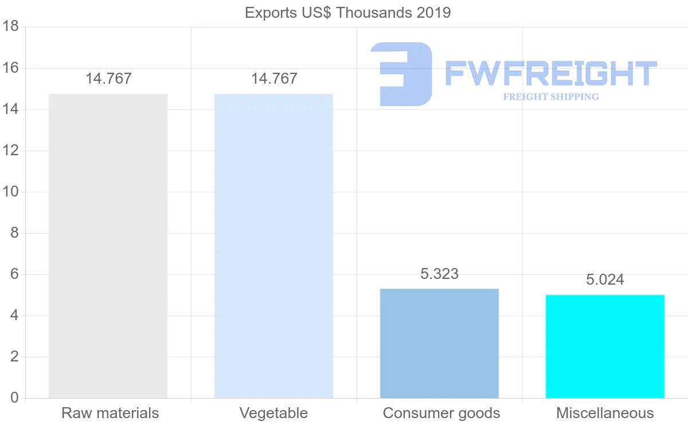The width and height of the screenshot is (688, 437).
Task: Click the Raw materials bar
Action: (108, 246)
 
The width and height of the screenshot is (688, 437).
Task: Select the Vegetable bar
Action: (273, 246)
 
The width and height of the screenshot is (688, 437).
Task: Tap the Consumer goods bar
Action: (439, 343)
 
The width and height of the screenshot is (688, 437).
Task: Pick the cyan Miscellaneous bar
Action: (605, 346)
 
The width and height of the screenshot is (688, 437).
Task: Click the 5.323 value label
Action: (439, 274)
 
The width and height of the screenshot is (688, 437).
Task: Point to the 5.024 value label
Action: (605, 279)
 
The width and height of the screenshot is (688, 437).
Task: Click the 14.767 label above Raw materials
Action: (108, 78)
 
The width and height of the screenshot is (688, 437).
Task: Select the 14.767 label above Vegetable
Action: (274, 78)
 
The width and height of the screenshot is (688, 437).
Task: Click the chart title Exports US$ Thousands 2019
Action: (348, 13)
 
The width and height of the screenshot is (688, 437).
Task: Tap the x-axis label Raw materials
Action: (110, 413)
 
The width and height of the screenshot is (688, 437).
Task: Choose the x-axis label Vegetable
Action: (273, 413)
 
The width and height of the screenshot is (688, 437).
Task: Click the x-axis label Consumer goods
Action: (441, 413)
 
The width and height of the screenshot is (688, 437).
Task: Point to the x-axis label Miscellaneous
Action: (605, 413)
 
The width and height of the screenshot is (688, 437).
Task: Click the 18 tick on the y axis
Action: (11, 27)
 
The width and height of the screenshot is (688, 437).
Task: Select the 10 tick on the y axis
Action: (11, 192)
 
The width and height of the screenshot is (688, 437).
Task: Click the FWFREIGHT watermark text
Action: (550, 74)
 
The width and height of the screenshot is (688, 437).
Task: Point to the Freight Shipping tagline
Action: (551, 97)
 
